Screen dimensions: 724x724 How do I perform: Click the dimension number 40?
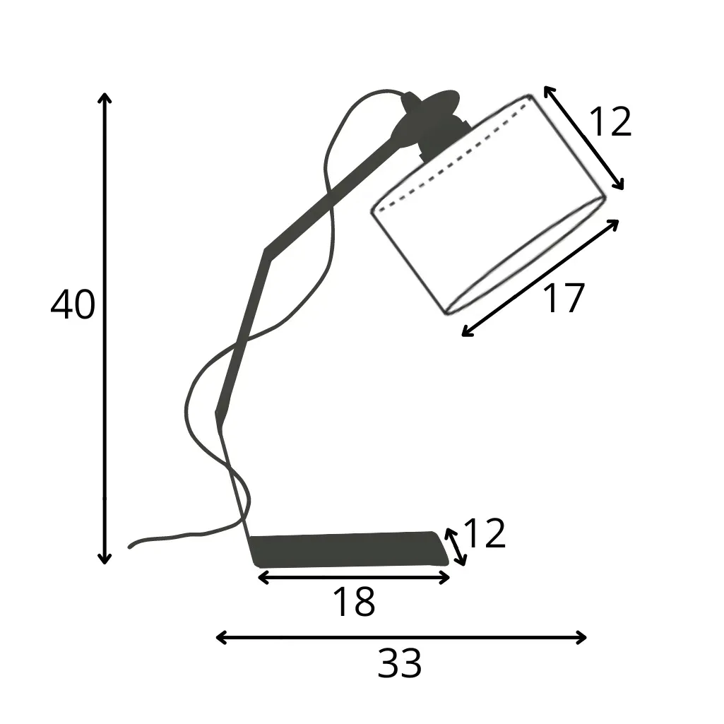[73, 305]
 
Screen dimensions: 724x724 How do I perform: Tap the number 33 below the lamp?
[400, 664]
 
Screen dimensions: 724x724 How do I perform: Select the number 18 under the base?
[353, 603]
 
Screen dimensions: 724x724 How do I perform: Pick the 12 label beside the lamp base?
[485, 534]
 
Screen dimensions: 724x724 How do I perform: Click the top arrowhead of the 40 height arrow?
[105, 97]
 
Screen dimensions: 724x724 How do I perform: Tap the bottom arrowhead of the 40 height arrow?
[105, 560]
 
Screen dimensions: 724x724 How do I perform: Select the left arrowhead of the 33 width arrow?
[220, 638]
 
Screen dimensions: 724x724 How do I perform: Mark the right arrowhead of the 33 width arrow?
[583, 638]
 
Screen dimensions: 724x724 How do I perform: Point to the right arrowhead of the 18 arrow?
[446, 578]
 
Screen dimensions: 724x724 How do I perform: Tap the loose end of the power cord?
[131, 546]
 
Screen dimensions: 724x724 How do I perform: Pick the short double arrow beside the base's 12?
[456, 547]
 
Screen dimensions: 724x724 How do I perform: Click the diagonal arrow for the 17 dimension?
[540, 278]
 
